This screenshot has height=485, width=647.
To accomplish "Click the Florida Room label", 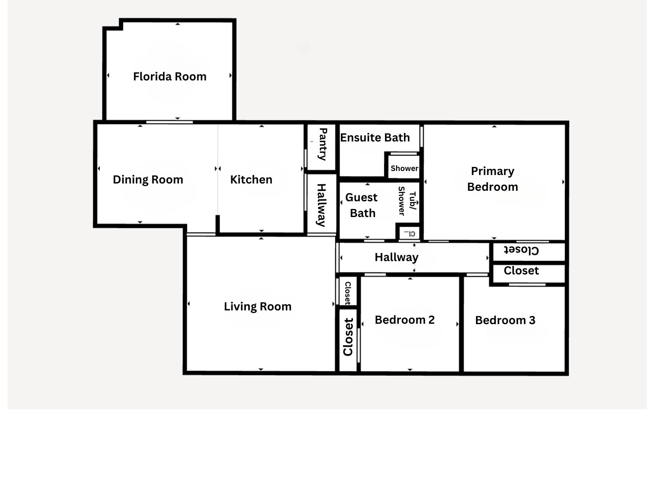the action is [170, 76].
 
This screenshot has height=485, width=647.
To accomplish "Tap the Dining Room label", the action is [148, 179].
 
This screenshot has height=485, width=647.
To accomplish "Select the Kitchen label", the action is [251, 179].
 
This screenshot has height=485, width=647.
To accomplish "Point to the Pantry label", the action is [323, 144].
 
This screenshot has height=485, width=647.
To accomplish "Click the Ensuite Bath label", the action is [375, 137].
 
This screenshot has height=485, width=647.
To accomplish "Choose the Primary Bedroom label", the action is [493, 179].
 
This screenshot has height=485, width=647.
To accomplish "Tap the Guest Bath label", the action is [362, 205].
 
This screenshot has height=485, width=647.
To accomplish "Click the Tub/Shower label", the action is [407, 201].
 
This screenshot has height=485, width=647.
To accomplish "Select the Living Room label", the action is [258, 306].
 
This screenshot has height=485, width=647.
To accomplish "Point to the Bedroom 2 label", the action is [405, 320].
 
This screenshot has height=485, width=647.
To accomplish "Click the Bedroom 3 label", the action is [505, 321].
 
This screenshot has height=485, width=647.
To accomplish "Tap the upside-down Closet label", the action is [521, 250].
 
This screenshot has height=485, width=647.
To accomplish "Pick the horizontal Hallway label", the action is [396, 257].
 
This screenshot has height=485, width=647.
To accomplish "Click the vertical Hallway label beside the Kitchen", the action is [321, 205].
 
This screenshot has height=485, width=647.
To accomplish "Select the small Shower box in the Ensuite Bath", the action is [404, 167].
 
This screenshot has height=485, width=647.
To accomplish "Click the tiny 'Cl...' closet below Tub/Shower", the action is [409, 233].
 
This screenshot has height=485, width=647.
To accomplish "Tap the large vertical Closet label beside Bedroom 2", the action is [348, 337].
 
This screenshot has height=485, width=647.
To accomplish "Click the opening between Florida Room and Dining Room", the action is [169, 122].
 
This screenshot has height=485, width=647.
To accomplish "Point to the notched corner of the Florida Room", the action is [121, 28].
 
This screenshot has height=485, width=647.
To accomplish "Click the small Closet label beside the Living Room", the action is [348, 293].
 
